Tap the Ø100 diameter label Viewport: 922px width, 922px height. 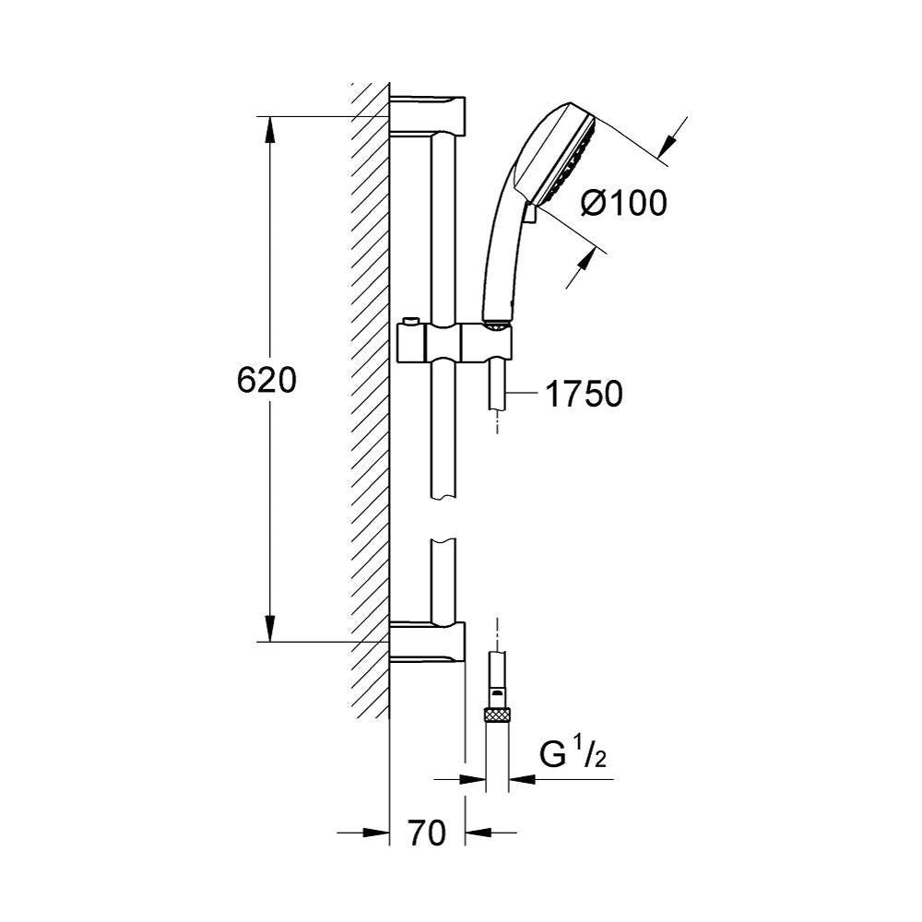point(624,203)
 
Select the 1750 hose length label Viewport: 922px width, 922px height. point(584,394)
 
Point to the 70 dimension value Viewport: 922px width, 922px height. point(427,833)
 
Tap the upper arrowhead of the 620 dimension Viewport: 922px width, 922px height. point(269,129)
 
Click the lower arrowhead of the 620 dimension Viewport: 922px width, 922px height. point(269,628)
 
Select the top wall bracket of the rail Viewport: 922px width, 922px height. point(428,115)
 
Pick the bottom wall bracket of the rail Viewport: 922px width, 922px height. point(428,642)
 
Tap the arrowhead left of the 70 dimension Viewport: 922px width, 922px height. point(376,833)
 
